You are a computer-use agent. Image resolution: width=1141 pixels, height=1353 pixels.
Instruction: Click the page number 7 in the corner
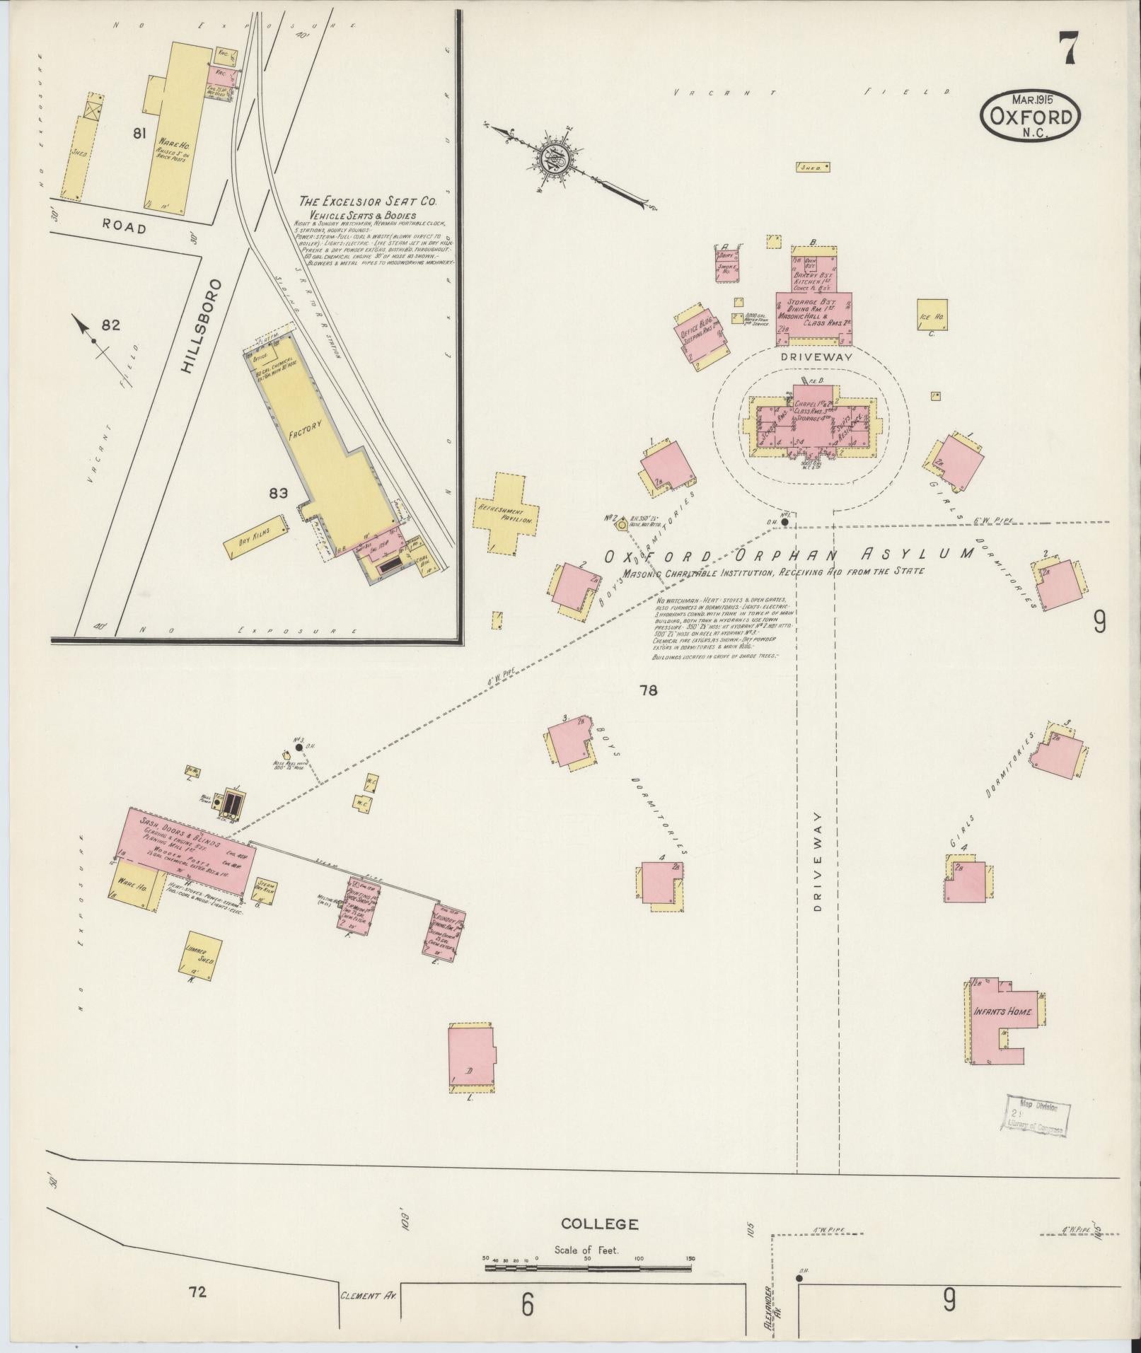1068,50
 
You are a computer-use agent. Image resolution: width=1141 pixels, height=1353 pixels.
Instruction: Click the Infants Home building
1002,1012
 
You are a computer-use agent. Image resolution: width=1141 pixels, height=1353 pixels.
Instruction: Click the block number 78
647,690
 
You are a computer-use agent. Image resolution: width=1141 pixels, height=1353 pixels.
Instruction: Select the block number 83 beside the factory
277,494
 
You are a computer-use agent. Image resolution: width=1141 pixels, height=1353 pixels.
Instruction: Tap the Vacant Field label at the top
810,92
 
